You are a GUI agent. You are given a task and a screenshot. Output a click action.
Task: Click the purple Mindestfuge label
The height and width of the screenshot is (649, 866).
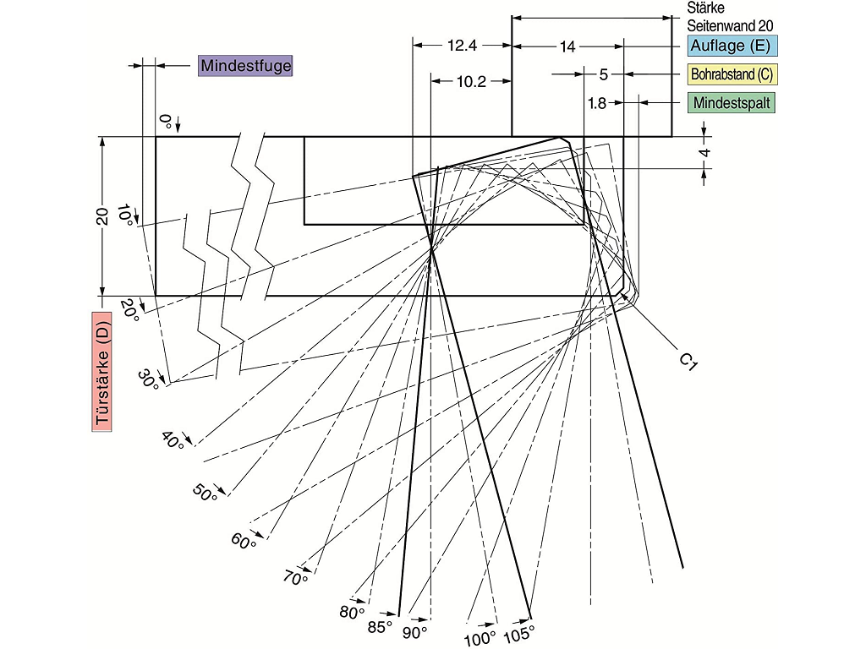click(245, 66)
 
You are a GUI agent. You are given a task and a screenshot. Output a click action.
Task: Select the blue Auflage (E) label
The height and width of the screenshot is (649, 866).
click(732, 46)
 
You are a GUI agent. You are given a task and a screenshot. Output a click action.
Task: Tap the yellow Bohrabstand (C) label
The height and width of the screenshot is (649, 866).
click(732, 74)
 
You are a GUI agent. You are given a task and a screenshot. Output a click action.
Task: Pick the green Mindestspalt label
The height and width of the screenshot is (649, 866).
click(732, 102)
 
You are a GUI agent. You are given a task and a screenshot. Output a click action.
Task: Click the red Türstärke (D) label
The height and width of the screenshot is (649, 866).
click(101, 372)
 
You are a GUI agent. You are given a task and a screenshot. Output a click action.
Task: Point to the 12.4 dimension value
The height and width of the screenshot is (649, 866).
click(463, 46)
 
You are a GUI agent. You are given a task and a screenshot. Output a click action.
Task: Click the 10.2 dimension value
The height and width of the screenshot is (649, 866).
click(471, 82)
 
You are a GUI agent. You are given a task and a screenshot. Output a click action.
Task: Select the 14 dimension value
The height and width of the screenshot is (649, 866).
click(567, 47)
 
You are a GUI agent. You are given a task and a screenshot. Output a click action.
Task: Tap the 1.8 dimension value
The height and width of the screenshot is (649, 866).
click(597, 103)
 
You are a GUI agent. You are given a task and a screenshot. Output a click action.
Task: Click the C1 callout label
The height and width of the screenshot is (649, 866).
click(688, 362)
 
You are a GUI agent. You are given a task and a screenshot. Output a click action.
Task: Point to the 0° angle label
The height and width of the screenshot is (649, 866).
click(165, 119)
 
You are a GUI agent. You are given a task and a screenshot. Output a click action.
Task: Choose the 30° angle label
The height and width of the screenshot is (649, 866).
click(148, 379)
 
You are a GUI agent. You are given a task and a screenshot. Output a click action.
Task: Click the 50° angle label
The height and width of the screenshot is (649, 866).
click(205, 493)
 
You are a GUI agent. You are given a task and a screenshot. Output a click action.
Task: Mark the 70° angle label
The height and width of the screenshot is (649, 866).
click(295, 578)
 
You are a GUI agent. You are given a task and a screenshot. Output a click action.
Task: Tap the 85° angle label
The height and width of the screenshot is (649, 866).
click(380, 627)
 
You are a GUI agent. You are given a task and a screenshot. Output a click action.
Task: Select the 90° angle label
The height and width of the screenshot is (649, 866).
click(414, 632)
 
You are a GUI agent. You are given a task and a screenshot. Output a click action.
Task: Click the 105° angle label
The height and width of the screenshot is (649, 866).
click(519, 634)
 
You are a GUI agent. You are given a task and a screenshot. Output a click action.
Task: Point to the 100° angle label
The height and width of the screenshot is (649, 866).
click(480, 638)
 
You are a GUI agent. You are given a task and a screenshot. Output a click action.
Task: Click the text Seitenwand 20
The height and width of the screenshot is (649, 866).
click(730, 25)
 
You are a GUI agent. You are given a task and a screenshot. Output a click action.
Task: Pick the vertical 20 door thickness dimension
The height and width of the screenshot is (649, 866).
click(102, 216)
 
